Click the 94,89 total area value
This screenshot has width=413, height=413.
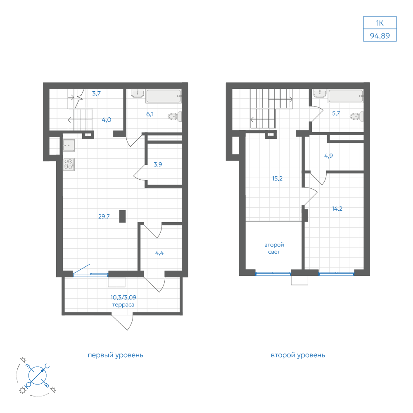point(380,36)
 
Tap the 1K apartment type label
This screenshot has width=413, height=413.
point(380,23)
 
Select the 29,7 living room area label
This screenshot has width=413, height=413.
point(104,216)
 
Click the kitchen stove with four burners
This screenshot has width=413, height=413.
point(69,164)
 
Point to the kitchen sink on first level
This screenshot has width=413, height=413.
point(69,145)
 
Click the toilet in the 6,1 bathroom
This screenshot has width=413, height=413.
point(175,116)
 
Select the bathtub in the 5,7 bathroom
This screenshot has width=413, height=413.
point(346,96)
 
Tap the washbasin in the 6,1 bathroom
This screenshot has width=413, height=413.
point(138,93)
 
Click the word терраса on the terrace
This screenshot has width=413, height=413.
point(123,305)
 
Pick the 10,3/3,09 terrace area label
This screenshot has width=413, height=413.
point(123,297)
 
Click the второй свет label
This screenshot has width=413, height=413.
point(274,248)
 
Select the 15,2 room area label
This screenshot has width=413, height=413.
point(277,178)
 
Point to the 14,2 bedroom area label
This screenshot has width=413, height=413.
point(337,209)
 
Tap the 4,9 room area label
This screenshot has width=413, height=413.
point(328,156)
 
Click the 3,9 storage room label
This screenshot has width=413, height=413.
point(158,164)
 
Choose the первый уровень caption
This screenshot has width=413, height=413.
point(115,355)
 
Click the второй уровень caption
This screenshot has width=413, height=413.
point(298,355)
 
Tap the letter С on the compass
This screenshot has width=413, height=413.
point(47,366)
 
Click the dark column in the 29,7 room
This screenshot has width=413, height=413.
point(123,216)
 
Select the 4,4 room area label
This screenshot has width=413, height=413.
point(159,253)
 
